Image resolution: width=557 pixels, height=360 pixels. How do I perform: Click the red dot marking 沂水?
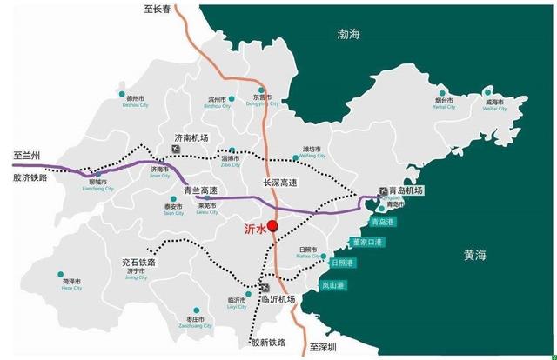tap(272, 225)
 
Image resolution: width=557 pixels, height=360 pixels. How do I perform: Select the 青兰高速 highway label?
tap(188, 189)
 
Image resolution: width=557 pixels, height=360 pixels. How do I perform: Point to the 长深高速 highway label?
tap(280, 183)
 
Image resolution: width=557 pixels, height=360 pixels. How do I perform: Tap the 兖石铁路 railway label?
tap(139, 263)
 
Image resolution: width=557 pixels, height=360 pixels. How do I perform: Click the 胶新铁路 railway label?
tap(268, 344)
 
